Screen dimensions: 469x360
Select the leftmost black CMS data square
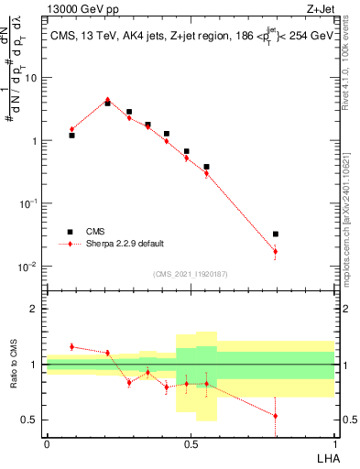pos(71,136)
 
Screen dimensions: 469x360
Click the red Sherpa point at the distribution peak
pos(107,101)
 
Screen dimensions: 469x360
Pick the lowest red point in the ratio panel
pos(276,416)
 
